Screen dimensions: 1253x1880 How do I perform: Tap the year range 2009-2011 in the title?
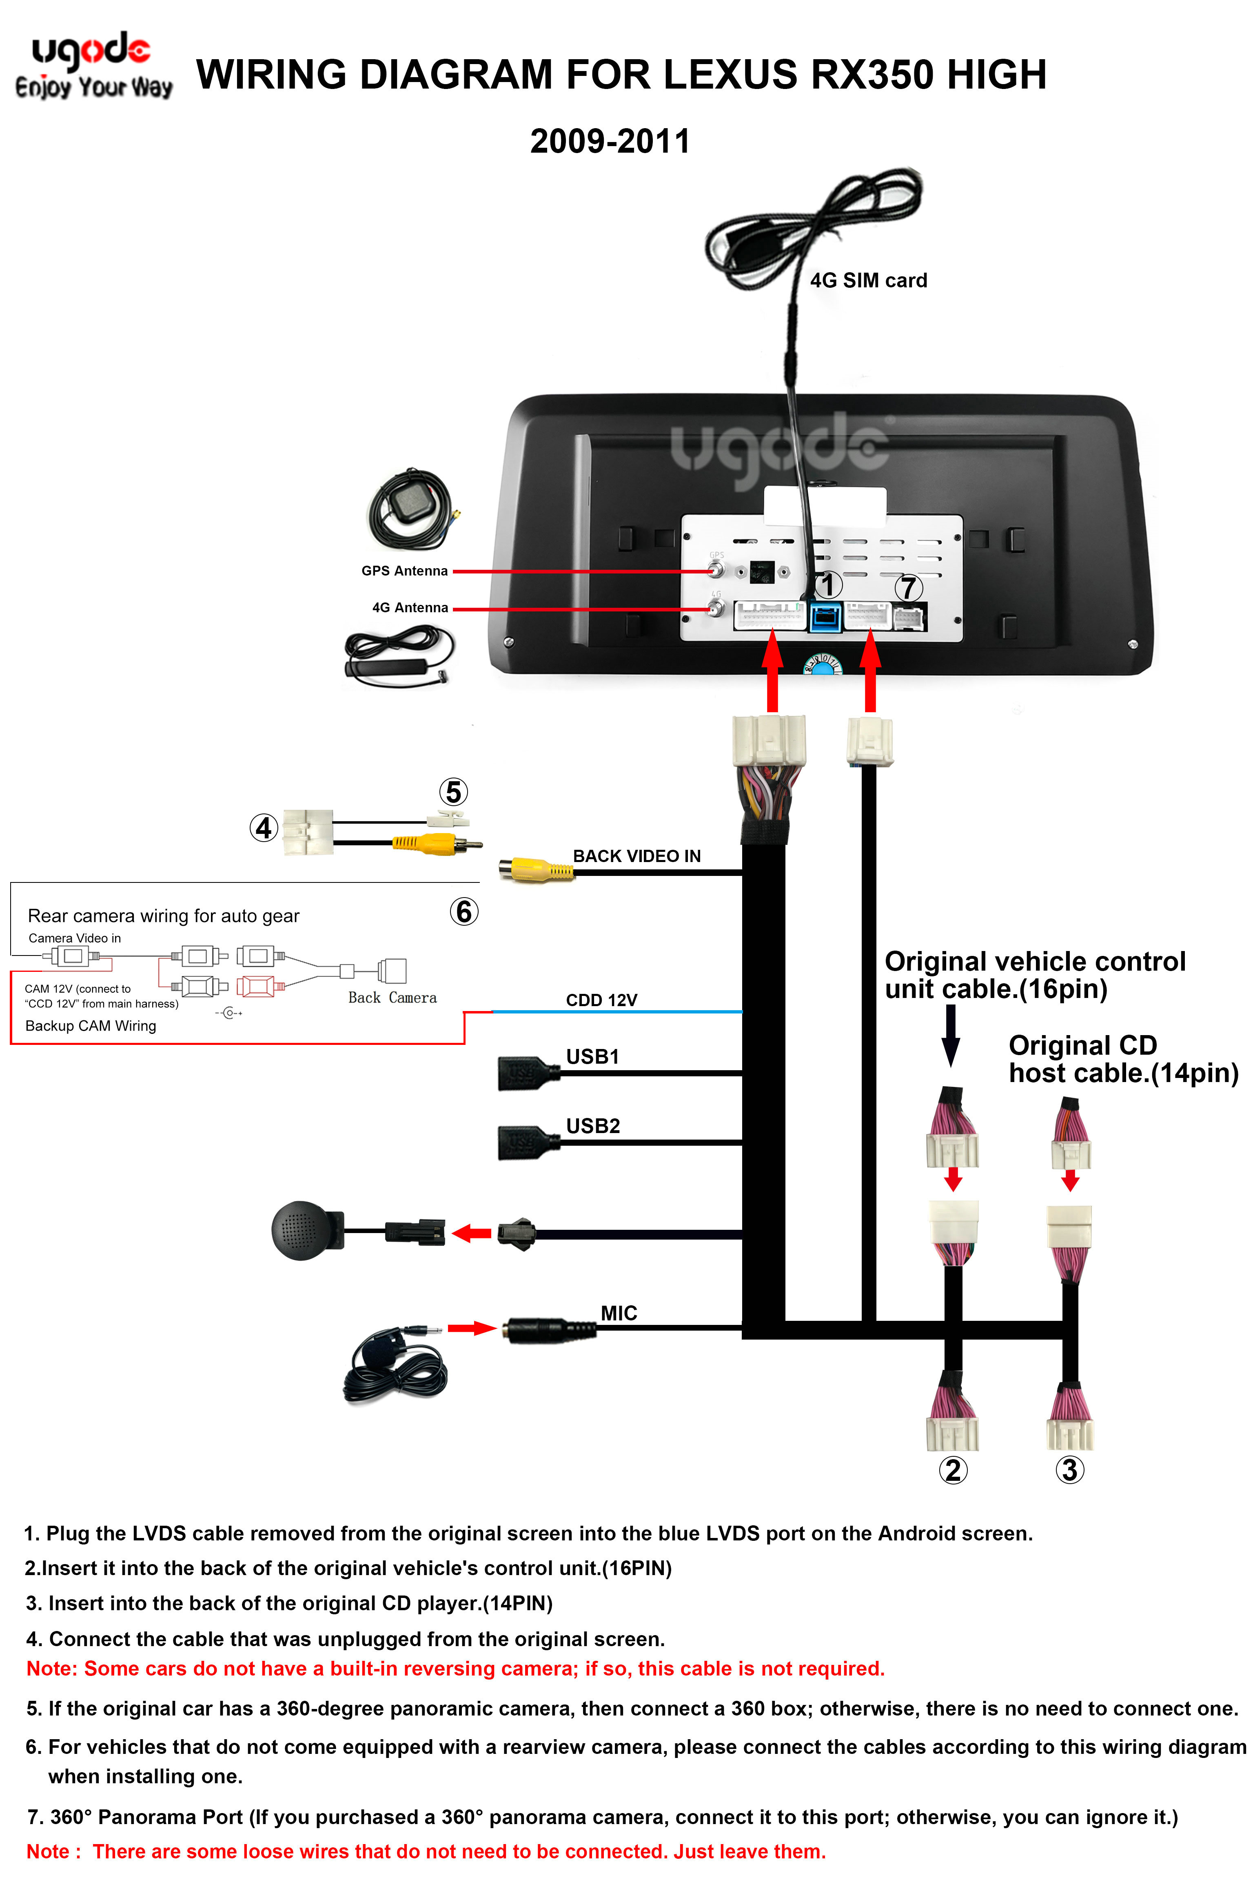[610, 142]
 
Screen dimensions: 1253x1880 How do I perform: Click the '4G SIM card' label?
[869, 280]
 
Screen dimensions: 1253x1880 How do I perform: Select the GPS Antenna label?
[404, 571]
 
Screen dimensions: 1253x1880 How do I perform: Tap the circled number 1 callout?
[828, 584]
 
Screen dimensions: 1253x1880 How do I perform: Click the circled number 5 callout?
[453, 792]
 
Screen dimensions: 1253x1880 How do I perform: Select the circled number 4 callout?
[264, 828]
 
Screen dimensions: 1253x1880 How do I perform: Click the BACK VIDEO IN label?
[637, 856]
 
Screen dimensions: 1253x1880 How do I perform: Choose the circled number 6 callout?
[463, 911]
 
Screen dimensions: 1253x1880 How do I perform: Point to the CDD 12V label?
[602, 1000]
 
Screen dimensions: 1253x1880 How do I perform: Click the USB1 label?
[593, 1057]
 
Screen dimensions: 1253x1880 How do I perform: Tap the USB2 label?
[593, 1126]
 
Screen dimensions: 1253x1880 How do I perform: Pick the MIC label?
[619, 1313]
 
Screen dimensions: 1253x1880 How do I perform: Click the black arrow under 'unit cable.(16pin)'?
[951, 1036]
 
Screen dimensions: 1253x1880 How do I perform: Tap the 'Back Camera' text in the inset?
[393, 998]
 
